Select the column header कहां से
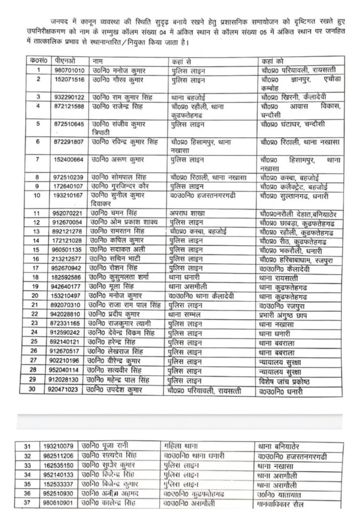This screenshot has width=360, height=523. [x=182, y=60]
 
